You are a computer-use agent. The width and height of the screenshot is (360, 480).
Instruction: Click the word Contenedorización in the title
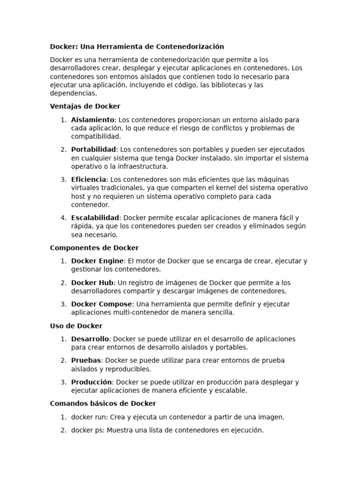pyautogui.click(x=189, y=46)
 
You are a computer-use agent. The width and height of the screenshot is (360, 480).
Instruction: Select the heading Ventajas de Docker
pyautogui.click(x=85, y=106)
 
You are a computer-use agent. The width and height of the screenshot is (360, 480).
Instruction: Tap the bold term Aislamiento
pyautogui.click(x=93, y=120)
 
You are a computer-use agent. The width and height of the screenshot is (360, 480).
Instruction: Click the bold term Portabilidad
pyautogui.click(x=94, y=150)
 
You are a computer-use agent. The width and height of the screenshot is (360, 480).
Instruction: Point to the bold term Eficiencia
pyautogui.click(x=89, y=180)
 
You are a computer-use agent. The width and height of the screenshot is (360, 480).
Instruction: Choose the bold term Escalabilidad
pyautogui.click(x=95, y=218)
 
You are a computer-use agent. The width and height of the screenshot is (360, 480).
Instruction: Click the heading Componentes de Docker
pyautogui.click(x=94, y=248)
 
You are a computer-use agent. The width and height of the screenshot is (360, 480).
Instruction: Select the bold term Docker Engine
pyautogui.click(x=97, y=261)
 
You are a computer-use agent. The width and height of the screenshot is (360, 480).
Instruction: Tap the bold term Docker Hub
pyautogui.click(x=92, y=283)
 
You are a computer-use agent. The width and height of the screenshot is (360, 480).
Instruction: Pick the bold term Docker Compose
pyautogui.click(x=101, y=304)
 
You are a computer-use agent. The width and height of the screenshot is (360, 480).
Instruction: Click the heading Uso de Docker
pyautogui.click(x=76, y=326)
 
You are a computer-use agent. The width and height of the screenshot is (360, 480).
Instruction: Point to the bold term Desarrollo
pyautogui.click(x=90, y=339)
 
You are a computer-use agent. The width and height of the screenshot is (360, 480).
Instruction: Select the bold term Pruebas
pyautogui.click(x=86, y=360)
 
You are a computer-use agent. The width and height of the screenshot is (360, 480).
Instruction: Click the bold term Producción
pyautogui.click(x=91, y=382)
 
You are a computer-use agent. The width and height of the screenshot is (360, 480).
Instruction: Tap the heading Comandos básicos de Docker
pyautogui.click(x=103, y=404)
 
